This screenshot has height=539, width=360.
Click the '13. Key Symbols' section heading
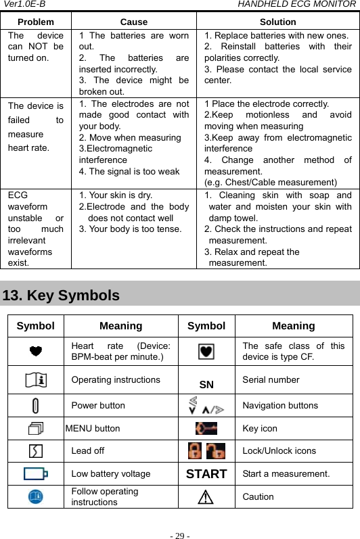pos(62,296)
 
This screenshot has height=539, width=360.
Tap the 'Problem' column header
pos(35,22)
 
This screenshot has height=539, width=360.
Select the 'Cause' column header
pos(134,22)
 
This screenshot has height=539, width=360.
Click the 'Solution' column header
pos(278,22)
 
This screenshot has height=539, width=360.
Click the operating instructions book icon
pos(36,380)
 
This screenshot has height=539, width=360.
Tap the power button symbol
pos(36,406)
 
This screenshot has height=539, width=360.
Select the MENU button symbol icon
pos(36,428)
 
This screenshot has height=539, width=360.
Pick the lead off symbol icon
pos(36,451)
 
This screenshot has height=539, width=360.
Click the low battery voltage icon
pos(36,474)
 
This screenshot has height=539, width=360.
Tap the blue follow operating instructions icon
pos(36,496)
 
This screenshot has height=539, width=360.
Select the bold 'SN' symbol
pos(206,385)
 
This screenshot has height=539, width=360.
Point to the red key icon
pos(206,428)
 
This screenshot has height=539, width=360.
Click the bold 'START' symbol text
pos(206,474)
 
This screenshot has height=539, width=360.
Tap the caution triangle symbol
pos(206,497)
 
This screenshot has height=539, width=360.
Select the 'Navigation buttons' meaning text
pos(280,406)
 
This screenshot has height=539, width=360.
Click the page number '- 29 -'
pos(180,536)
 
